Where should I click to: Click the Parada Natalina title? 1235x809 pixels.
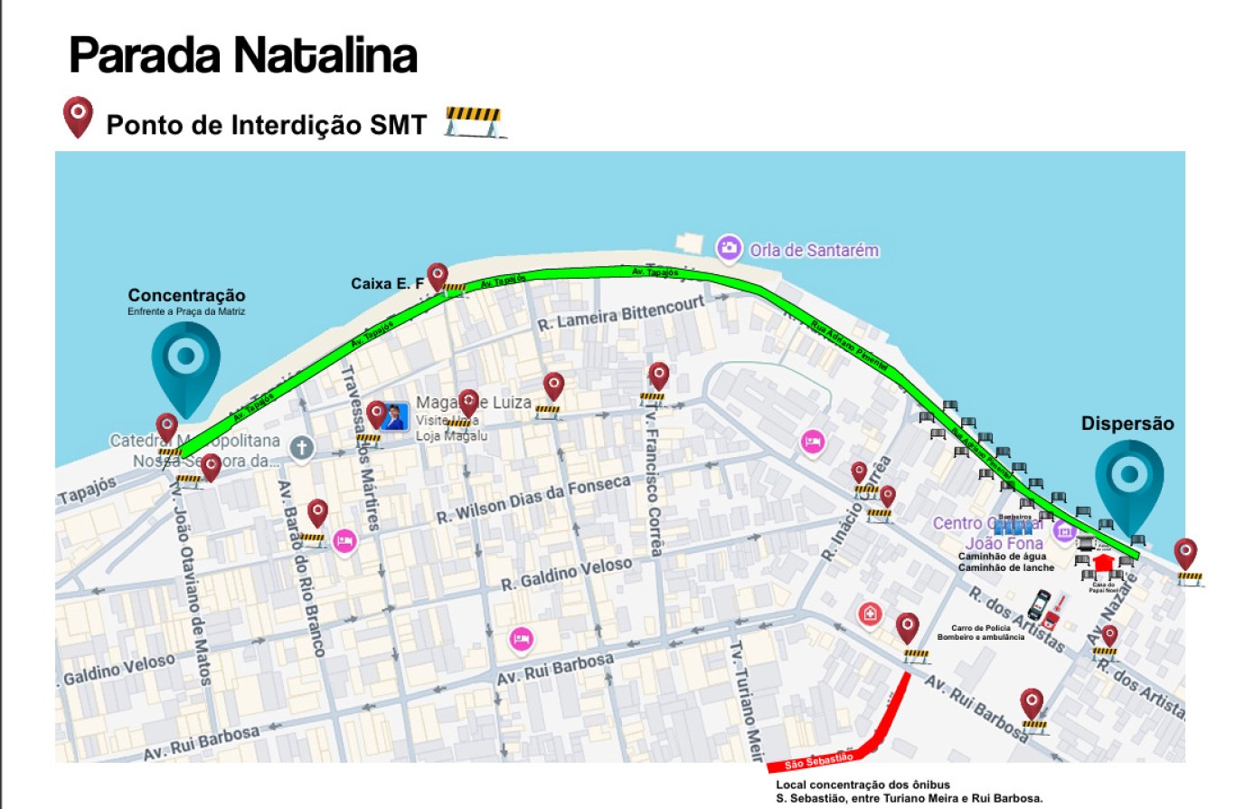pyautogui.click(x=243, y=56)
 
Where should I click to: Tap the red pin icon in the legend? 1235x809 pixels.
pyautogui.click(x=78, y=117)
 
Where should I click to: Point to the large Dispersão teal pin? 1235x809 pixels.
pyautogui.click(x=1129, y=481)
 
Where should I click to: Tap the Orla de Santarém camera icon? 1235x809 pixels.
pyautogui.click(x=729, y=248)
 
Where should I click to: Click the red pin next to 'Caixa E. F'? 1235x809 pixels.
pyautogui.click(x=438, y=276)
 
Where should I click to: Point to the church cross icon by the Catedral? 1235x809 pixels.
pyautogui.click(x=301, y=447)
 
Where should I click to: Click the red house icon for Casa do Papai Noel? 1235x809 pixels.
pyautogui.click(x=1102, y=564)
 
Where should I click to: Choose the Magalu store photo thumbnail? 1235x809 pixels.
pyautogui.click(x=394, y=417)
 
